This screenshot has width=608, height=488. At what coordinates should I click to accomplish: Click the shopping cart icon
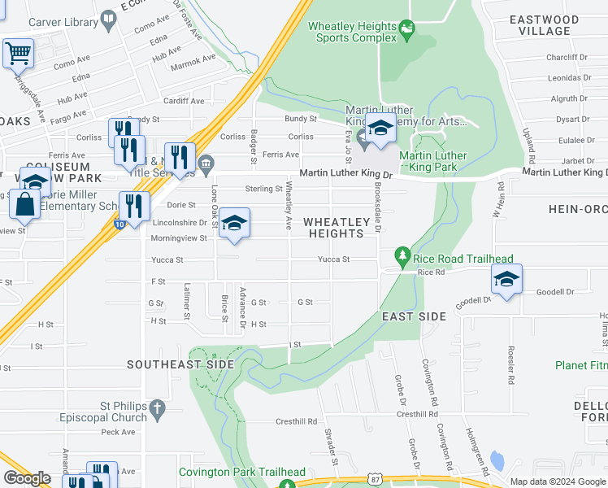17,54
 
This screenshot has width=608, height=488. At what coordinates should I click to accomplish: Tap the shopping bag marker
25,205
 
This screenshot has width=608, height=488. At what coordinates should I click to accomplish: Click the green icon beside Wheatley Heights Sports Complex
407,33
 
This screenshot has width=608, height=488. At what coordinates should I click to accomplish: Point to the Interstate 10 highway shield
119,225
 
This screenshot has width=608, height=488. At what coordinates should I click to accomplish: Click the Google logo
27,478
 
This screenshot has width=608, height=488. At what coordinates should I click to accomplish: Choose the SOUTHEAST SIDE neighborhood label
180,364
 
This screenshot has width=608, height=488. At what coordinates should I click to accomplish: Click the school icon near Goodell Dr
506,280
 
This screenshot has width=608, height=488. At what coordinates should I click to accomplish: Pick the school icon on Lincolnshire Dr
233,224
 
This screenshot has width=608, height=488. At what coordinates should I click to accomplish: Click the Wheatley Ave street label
288,204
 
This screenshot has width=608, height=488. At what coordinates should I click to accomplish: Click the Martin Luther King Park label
433,162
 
